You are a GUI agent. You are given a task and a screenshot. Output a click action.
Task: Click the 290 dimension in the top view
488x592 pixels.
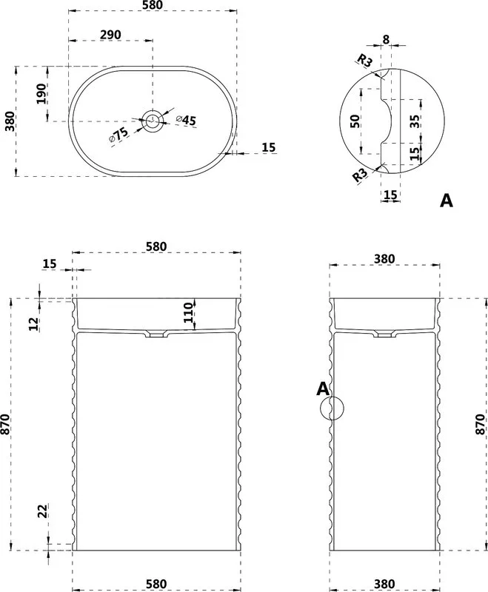(x=110, y=35)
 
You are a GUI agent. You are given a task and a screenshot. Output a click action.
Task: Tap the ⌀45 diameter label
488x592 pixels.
(x=186, y=120)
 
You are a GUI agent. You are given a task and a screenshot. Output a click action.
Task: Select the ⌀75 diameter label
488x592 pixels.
(x=118, y=135)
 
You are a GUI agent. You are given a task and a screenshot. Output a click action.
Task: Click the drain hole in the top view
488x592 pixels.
(x=153, y=121)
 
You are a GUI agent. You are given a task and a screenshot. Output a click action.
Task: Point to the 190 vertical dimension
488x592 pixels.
(x=41, y=94)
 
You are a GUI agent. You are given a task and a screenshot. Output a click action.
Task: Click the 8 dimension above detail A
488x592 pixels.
(x=386, y=39)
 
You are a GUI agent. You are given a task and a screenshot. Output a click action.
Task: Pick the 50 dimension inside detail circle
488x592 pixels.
(x=355, y=121)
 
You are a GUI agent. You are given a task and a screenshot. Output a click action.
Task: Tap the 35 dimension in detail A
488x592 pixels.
(x=415, y=121)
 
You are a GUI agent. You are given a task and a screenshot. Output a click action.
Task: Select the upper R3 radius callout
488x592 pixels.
(x=365, y=61)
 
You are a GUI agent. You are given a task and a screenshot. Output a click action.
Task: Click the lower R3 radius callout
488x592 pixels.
(x=360, y=175)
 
